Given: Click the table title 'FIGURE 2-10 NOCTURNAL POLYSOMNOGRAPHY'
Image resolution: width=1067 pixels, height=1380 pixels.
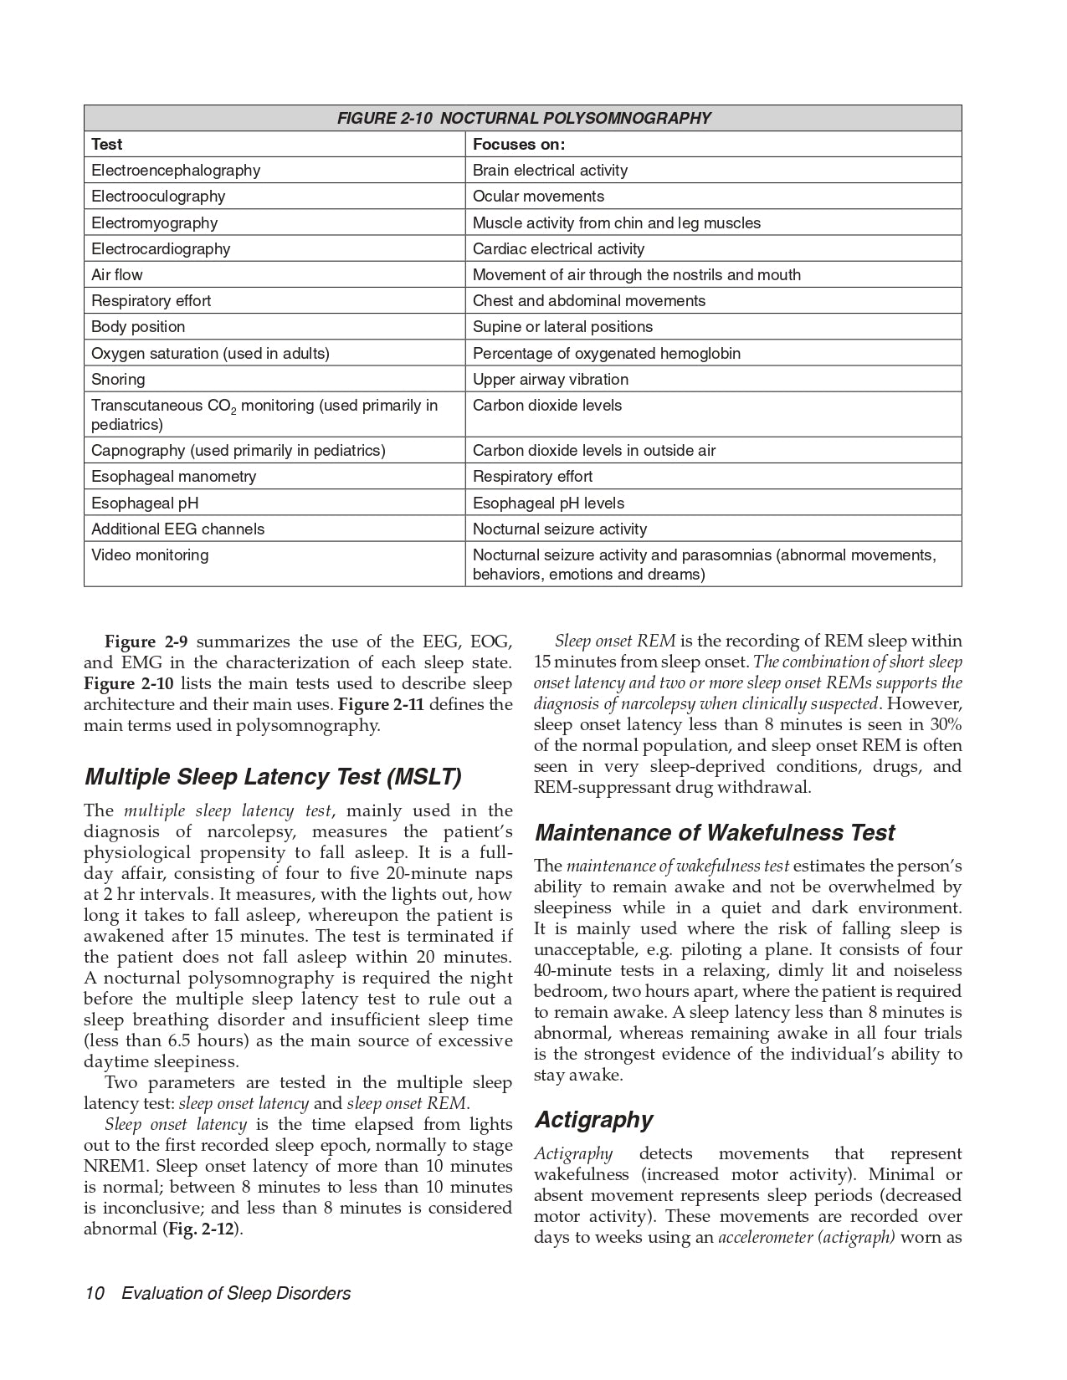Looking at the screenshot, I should pos(523,118).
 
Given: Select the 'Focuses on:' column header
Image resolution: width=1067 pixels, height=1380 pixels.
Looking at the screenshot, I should pos(518,144).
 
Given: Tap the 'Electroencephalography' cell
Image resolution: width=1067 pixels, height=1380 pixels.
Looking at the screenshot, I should pos(176,170).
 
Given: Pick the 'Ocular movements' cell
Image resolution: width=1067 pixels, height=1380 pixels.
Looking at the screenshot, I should pos(538,196).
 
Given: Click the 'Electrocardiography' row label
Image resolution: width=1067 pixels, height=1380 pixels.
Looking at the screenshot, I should pos(161,248).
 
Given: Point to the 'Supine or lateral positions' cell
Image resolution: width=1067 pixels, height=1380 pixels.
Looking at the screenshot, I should pos(562,326).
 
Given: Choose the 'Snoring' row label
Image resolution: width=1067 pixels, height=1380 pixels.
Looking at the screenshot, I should pos(118,379).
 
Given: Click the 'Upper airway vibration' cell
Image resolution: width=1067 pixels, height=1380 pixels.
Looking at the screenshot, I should pos(550,379).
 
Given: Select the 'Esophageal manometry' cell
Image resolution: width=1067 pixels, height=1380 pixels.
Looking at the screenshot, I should pos(174,476).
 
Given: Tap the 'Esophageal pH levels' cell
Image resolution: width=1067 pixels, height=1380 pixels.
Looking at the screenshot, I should pos(548,503).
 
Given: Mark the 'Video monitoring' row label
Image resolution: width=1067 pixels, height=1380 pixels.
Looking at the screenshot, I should pos(150,555).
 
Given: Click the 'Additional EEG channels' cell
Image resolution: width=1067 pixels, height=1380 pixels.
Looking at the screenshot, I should pos(177,529).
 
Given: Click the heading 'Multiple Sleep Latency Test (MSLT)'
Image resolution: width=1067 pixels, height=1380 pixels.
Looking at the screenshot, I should pos(273,777).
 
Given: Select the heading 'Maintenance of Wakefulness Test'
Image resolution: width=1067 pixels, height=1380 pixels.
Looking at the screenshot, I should pos(715,833).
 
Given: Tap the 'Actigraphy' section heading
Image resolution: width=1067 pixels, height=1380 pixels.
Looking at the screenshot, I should pos(594,1120).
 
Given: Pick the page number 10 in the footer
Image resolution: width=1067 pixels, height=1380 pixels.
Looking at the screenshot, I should pos(94,1293).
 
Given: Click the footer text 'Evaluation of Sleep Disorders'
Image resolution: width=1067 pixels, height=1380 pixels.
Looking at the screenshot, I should pos(236,1293).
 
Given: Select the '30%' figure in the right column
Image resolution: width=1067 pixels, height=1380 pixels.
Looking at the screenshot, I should pos(946,724).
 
